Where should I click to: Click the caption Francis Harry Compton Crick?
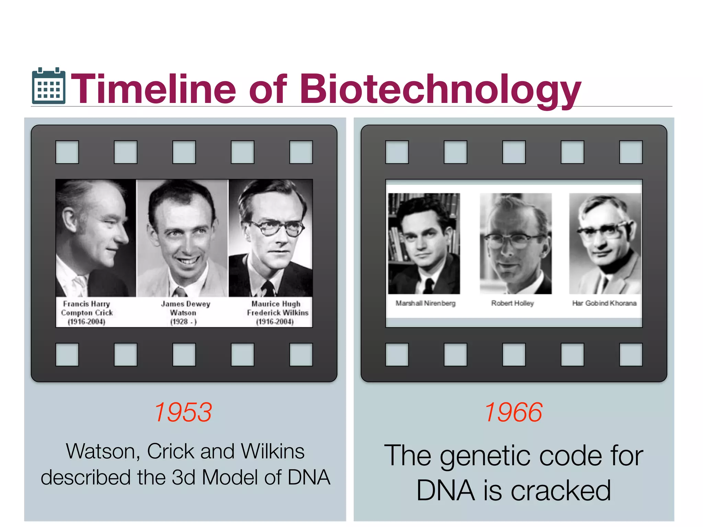pyautogui.click(x=87, y=313)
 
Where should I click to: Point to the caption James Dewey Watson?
pyautogui.click(x=185, y=313)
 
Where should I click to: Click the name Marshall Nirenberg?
pyautogui.click(x=425, y=303)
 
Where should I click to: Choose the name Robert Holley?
pyautogui.click(x=512, y=303)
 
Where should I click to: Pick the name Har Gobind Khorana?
pyautogui.click(x=604, y=303)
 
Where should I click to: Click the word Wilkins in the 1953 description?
pyautogui.click(x=273, y=451)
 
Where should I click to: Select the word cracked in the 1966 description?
pyautogui.click(x=561, y=491)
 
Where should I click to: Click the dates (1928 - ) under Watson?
pyautogui.click(x=183, y=322)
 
